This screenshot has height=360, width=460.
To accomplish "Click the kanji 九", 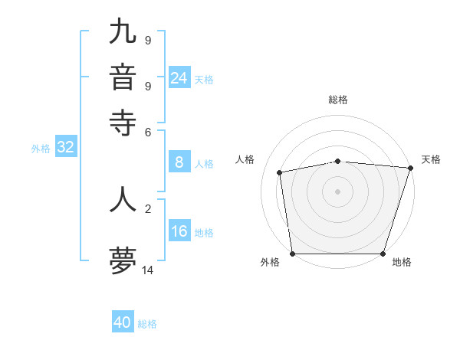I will click(x=123, y=32).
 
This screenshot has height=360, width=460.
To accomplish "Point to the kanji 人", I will click(x=123, y=199).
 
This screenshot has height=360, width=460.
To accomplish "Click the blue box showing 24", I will click(x=179, y=77).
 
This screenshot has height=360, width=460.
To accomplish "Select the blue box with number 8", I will click(x=179, y=162).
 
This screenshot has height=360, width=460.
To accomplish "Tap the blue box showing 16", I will click(x=179, y=232).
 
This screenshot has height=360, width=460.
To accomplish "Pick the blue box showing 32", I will click(x=65, y=148).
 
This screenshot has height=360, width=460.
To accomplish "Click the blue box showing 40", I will click(x=123, y=322).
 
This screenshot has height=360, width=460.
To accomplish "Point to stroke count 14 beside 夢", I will click(x=148, y=270).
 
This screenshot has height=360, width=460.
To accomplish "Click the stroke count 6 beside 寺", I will click(x=148, y=132).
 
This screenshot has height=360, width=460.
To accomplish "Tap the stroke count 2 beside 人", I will click(x=148, y=208).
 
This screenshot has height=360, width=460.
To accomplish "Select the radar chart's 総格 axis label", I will click(x=337, y=100).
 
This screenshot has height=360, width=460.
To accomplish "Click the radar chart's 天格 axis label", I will click(x=431, y=159).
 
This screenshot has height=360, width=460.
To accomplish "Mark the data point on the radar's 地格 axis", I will click(x=383, y=254).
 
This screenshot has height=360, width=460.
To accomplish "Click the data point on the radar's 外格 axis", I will click(x=292, y=254).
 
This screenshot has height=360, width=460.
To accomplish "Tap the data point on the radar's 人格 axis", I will click(x=280, y=172).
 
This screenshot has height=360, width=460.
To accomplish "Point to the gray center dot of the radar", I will click(x=337, y=191).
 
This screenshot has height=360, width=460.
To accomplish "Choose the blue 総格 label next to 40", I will click(x=147, y=324).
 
